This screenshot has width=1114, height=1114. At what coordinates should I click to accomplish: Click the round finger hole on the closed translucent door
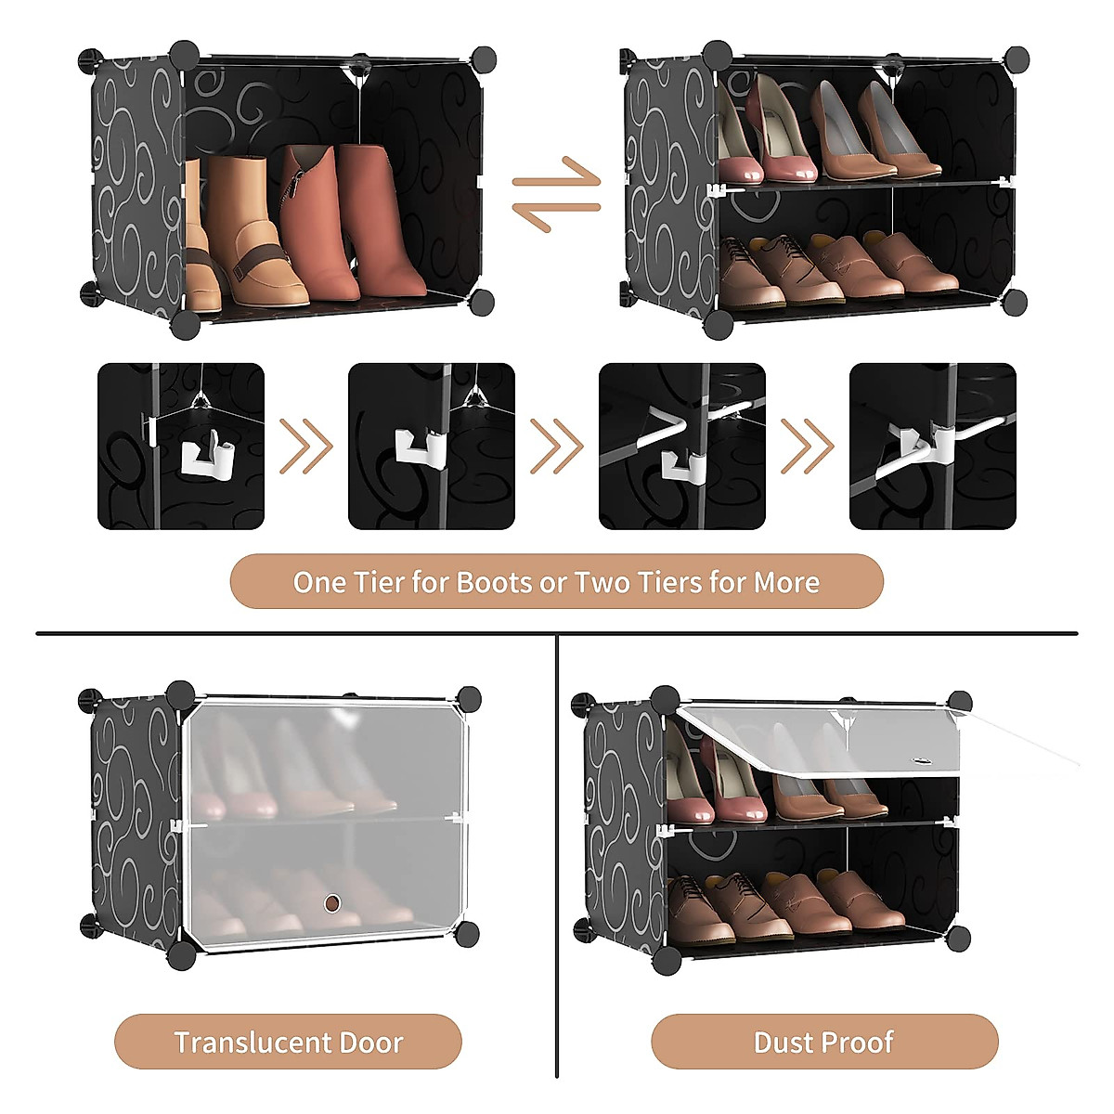coord(330,901)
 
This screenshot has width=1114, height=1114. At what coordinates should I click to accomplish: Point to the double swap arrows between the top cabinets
coord(557,193)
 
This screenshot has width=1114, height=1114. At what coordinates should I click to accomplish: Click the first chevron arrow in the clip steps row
coord(305,447)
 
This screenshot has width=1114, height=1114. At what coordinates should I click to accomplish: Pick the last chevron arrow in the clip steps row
coord(807,447)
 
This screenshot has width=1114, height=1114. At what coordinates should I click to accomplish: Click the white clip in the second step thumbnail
coord(419,447)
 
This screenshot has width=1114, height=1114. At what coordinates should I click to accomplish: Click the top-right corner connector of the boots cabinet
coord(484,58)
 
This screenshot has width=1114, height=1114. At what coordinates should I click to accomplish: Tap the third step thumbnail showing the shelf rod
coord(682,447)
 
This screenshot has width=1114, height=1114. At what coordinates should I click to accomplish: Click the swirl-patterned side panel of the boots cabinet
coord(136,190)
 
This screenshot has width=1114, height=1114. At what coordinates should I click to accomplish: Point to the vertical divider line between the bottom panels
coord(557,854)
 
